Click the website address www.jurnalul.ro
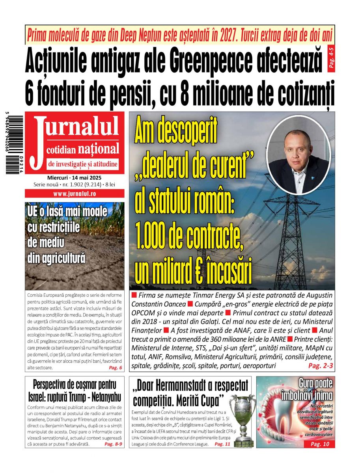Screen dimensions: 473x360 (75, 194)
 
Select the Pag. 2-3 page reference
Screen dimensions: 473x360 (320, 366)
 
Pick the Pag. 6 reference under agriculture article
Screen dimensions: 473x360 (115, 368)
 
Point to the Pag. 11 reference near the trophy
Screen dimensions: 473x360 (222, 444)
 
